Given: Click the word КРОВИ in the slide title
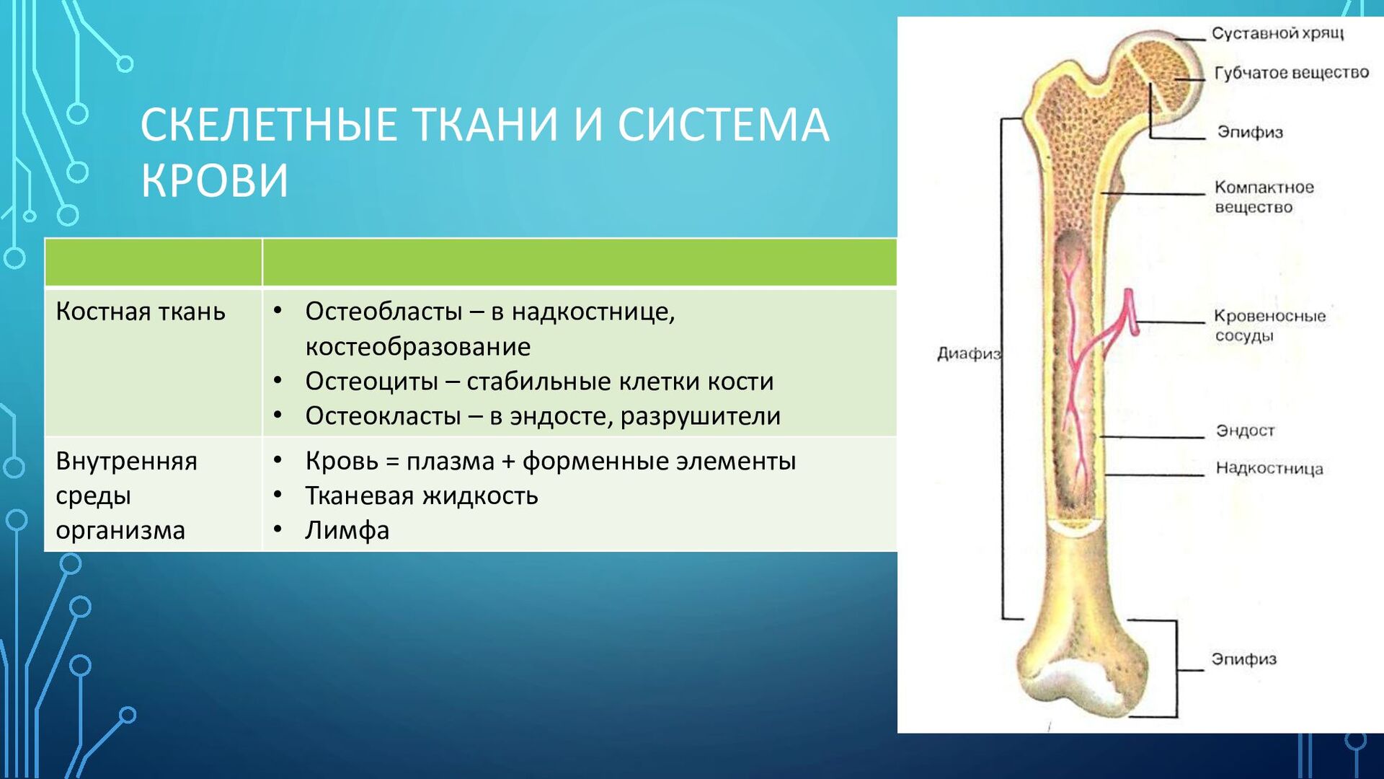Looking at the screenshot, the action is pyautogui.click(x=215, y=180).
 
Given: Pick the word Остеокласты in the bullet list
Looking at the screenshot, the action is pyautogui.click(x=383, y=416).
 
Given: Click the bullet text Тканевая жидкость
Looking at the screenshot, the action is pyautogui.click(x=422, y=496).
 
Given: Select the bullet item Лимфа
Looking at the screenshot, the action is pyautogui.click(x=347, y=530).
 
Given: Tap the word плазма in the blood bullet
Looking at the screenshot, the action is pyautogui.click(x=451, y=461).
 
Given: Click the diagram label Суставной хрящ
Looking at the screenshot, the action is pyautogui.click(x=1277, y=33).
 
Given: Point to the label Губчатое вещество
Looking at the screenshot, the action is pyautogui.click(x=1291, y=73).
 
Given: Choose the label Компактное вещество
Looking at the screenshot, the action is pyautogui.click(x=1264, y=197).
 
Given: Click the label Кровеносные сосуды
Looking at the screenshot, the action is pyautogui.click(x=1269, y=325).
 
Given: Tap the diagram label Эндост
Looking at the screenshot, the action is pyautogui.click(x=1245, y=431).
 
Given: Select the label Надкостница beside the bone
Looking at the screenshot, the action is pyautogui.click(x=1269, y=468).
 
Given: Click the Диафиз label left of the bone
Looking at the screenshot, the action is pyautogui.click(x=969, y=353).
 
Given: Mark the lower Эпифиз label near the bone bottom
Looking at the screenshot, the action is pyautogui.click(x=1243, y=659).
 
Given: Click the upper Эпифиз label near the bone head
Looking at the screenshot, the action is pyautogui.click(x=1250, y=132).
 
